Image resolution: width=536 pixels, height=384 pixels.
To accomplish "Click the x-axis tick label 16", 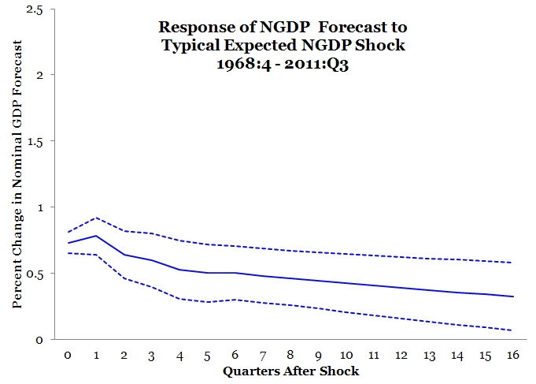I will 512,356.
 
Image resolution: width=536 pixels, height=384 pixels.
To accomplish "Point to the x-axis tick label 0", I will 68,356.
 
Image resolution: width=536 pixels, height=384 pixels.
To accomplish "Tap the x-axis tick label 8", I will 290,356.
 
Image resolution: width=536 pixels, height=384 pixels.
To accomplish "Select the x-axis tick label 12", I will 401,356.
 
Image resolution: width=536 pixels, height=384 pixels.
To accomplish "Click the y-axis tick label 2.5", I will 35,9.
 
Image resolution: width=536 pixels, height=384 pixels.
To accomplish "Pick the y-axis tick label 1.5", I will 35,141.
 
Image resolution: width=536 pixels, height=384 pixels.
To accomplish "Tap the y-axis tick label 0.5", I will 35,274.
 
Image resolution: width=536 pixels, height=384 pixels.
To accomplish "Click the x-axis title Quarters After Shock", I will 290,371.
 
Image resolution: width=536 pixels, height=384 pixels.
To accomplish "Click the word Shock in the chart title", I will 383,45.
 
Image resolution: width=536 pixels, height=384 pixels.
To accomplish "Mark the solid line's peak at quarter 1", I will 96,236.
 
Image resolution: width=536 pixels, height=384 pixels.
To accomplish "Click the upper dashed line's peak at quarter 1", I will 96,218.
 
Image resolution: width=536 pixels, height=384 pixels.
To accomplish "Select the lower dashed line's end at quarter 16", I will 512,330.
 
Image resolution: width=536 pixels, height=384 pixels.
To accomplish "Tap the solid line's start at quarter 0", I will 68,243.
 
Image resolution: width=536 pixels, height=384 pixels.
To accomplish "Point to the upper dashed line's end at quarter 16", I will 512,263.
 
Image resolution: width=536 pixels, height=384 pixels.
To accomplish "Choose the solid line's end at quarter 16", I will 512,296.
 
